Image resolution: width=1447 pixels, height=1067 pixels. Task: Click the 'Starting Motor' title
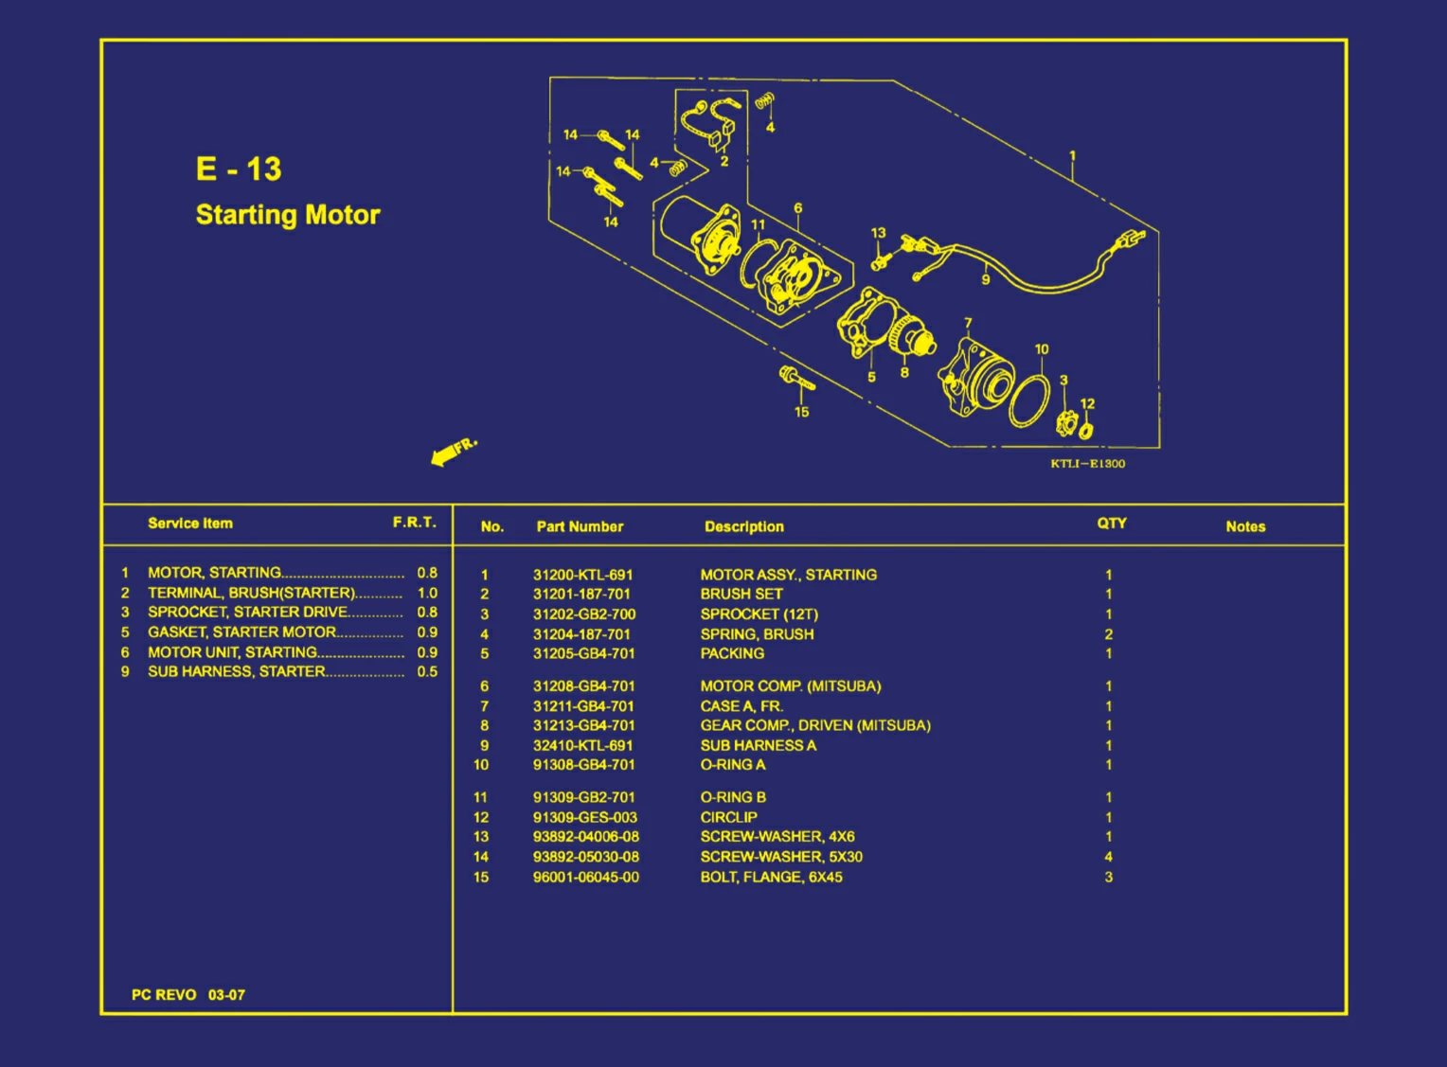[x=287, y=215]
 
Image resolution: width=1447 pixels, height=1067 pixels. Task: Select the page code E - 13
[x=239, y=169]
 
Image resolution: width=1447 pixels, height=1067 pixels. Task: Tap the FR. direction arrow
[x=453, y=452]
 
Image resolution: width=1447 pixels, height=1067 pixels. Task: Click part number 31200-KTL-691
[x=582, y=575]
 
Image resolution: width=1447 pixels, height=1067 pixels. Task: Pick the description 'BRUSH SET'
[x=741, y=595]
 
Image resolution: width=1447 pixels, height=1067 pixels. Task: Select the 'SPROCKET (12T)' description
[x=759, y=614]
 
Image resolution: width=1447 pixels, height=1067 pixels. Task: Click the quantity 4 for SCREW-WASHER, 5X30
[x=1108, y=857]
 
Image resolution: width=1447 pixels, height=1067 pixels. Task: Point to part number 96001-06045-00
[x=585, y=878]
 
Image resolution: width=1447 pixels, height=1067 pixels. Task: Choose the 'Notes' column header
[x=1244, y=526]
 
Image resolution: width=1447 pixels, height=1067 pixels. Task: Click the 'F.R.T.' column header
[x=415, y=523]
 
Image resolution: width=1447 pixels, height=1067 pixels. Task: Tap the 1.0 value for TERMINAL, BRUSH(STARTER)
[x=427, y=593]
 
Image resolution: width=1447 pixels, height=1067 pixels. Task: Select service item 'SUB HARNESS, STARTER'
[x=236, y=671]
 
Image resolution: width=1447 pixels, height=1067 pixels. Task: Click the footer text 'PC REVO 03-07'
[x=188, y=995]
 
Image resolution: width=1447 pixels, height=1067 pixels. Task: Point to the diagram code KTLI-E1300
[x=1087, y=464]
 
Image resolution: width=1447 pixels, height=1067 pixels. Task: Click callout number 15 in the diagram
[x=801, y=412]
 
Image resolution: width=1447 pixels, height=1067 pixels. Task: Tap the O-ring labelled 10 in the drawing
[x=1028, y=400]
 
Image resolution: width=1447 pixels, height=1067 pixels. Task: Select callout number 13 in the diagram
[x=878, y=233]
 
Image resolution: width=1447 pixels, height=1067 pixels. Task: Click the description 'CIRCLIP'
[x=728, y=817]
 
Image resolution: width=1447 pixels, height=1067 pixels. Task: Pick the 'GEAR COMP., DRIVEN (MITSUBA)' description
[x=814, y=726]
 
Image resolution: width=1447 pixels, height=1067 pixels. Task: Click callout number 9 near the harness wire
[x=985, y=279]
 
